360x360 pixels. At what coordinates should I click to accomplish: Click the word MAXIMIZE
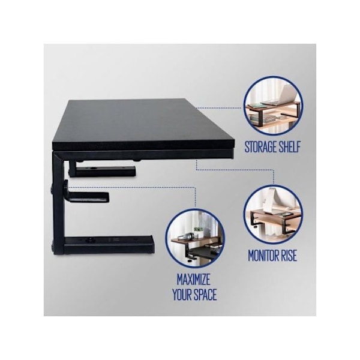coord(194,280)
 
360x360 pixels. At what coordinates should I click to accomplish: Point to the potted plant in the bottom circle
coord(198,231)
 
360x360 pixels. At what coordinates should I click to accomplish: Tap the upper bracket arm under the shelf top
coord(103,170)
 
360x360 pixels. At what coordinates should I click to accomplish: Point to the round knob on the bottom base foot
coord(88,241)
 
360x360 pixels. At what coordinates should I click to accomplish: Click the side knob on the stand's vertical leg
coord(51,190)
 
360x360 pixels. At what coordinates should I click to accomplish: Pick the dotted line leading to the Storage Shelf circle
coord(219,107)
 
